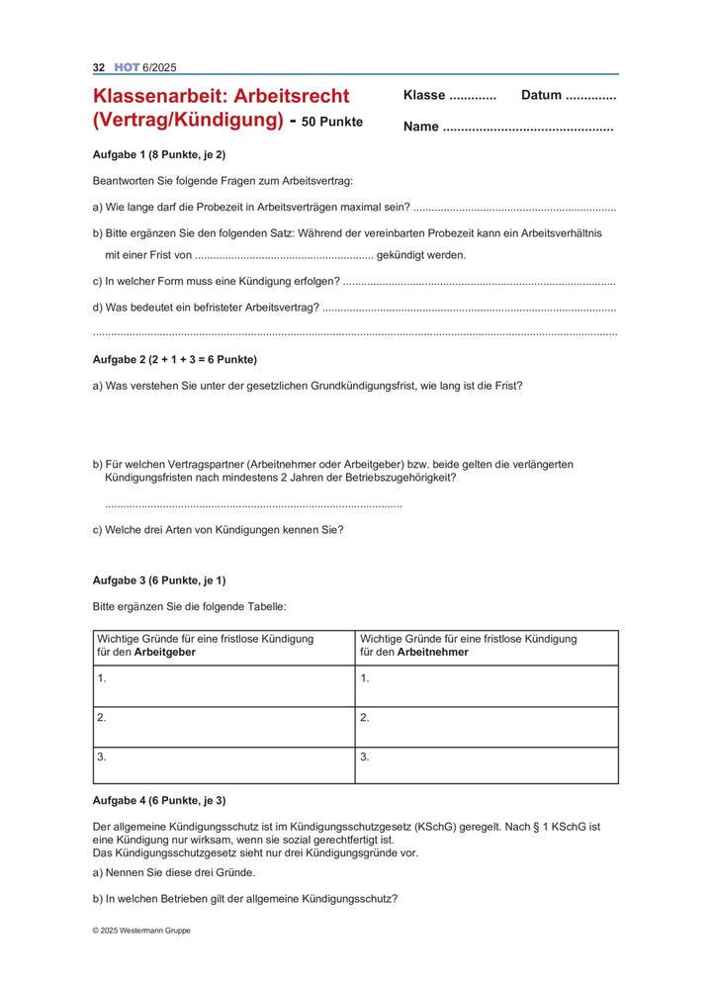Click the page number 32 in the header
(99, 67)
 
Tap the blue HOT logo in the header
(128, 67)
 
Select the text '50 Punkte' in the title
(332, 122)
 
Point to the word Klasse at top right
(424, 96)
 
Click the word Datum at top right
(541, 96)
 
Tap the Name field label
(421, 127)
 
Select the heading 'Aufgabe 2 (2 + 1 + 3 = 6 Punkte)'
(174, 359)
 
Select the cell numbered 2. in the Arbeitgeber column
(223, 727)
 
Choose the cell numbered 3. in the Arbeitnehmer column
(487, 765)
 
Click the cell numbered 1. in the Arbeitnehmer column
(487, 685)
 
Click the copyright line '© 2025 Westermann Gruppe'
(141, 931)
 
